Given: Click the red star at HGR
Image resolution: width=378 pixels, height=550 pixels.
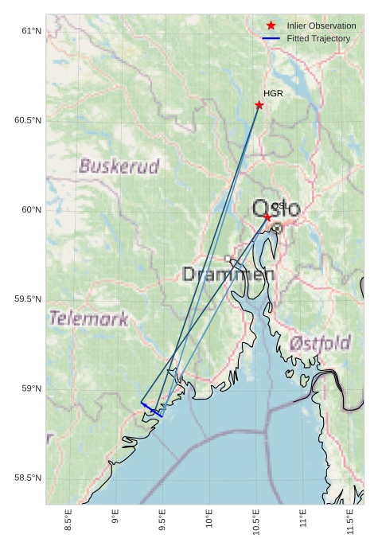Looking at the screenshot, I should coord(259,105).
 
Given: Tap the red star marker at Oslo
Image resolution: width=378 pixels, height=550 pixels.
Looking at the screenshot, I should coord(267,216).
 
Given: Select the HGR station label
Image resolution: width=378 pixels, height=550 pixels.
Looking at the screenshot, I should coord(273,93).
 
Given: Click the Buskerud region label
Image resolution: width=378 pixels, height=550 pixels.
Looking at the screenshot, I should coord(119,166).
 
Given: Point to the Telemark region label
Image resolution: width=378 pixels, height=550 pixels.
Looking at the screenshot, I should coord(88,319).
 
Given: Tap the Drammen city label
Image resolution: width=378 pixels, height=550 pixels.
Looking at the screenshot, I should coord(228,275).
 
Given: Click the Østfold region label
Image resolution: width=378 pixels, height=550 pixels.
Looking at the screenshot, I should coord(321,343).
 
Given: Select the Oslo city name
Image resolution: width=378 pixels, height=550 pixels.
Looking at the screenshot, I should coord(277,209).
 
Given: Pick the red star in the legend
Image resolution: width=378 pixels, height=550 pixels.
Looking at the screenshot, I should coord(271,25).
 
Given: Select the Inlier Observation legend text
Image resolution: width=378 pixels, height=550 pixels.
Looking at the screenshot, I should coord(321,25).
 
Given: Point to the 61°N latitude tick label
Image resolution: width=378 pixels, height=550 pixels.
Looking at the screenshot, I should coord(30,31).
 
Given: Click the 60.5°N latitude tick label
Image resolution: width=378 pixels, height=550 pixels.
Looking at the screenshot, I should coord(27,120).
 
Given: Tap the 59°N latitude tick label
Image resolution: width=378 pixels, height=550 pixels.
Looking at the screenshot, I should coord(30,388).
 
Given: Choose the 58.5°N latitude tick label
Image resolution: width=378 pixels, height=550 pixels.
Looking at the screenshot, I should coord(27,478).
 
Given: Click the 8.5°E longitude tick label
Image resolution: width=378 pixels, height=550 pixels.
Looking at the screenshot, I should coord(68,526).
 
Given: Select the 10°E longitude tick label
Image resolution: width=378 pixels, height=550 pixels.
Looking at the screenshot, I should coord(209,526).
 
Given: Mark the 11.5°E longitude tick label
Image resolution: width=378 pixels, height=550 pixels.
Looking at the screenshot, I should coord(350,526).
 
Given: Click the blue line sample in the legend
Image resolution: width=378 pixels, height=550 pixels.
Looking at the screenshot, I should coord(271,38).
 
